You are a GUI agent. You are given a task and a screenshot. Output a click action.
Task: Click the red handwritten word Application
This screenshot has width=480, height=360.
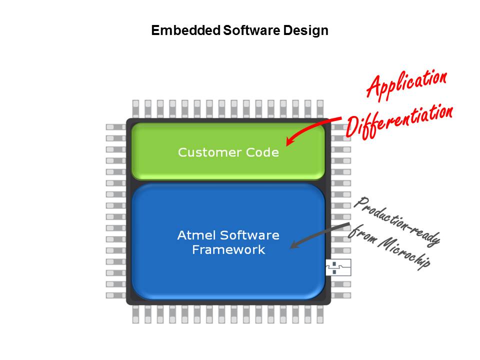(x=406, y=84)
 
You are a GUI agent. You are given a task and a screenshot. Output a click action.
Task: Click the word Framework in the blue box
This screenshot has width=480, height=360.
(x=228, y=249)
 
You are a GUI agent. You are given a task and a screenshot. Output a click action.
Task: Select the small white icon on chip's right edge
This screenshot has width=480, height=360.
(x=338, y=267)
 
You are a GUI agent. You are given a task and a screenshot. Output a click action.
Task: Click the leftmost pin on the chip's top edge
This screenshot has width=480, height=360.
(x=135, y=108)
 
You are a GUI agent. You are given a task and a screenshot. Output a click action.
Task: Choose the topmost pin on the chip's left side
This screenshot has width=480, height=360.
(x=115, y=127)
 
